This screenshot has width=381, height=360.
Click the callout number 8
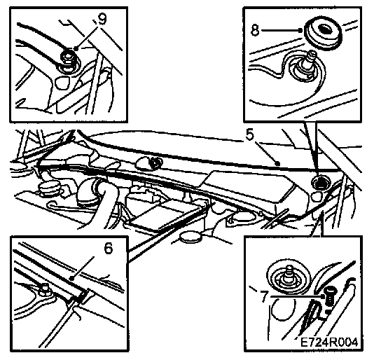coord(256,31)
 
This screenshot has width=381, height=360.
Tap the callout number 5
coord(250,135)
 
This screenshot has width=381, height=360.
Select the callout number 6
coord(108,248)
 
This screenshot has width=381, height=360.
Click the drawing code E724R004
coord(329,342)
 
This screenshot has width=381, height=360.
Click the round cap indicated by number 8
coord(324,34)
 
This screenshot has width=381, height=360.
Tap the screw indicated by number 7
coord(328,295)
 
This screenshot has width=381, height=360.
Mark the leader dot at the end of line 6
coord(71,278)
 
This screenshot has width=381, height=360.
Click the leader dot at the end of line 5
coord(279,165)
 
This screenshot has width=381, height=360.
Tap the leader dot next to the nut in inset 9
coord(76,49)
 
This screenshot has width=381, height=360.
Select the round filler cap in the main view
coord(48,188)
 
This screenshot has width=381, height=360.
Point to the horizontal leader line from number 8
coord(281,31)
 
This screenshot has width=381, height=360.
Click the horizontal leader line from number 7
coord(296,296)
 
